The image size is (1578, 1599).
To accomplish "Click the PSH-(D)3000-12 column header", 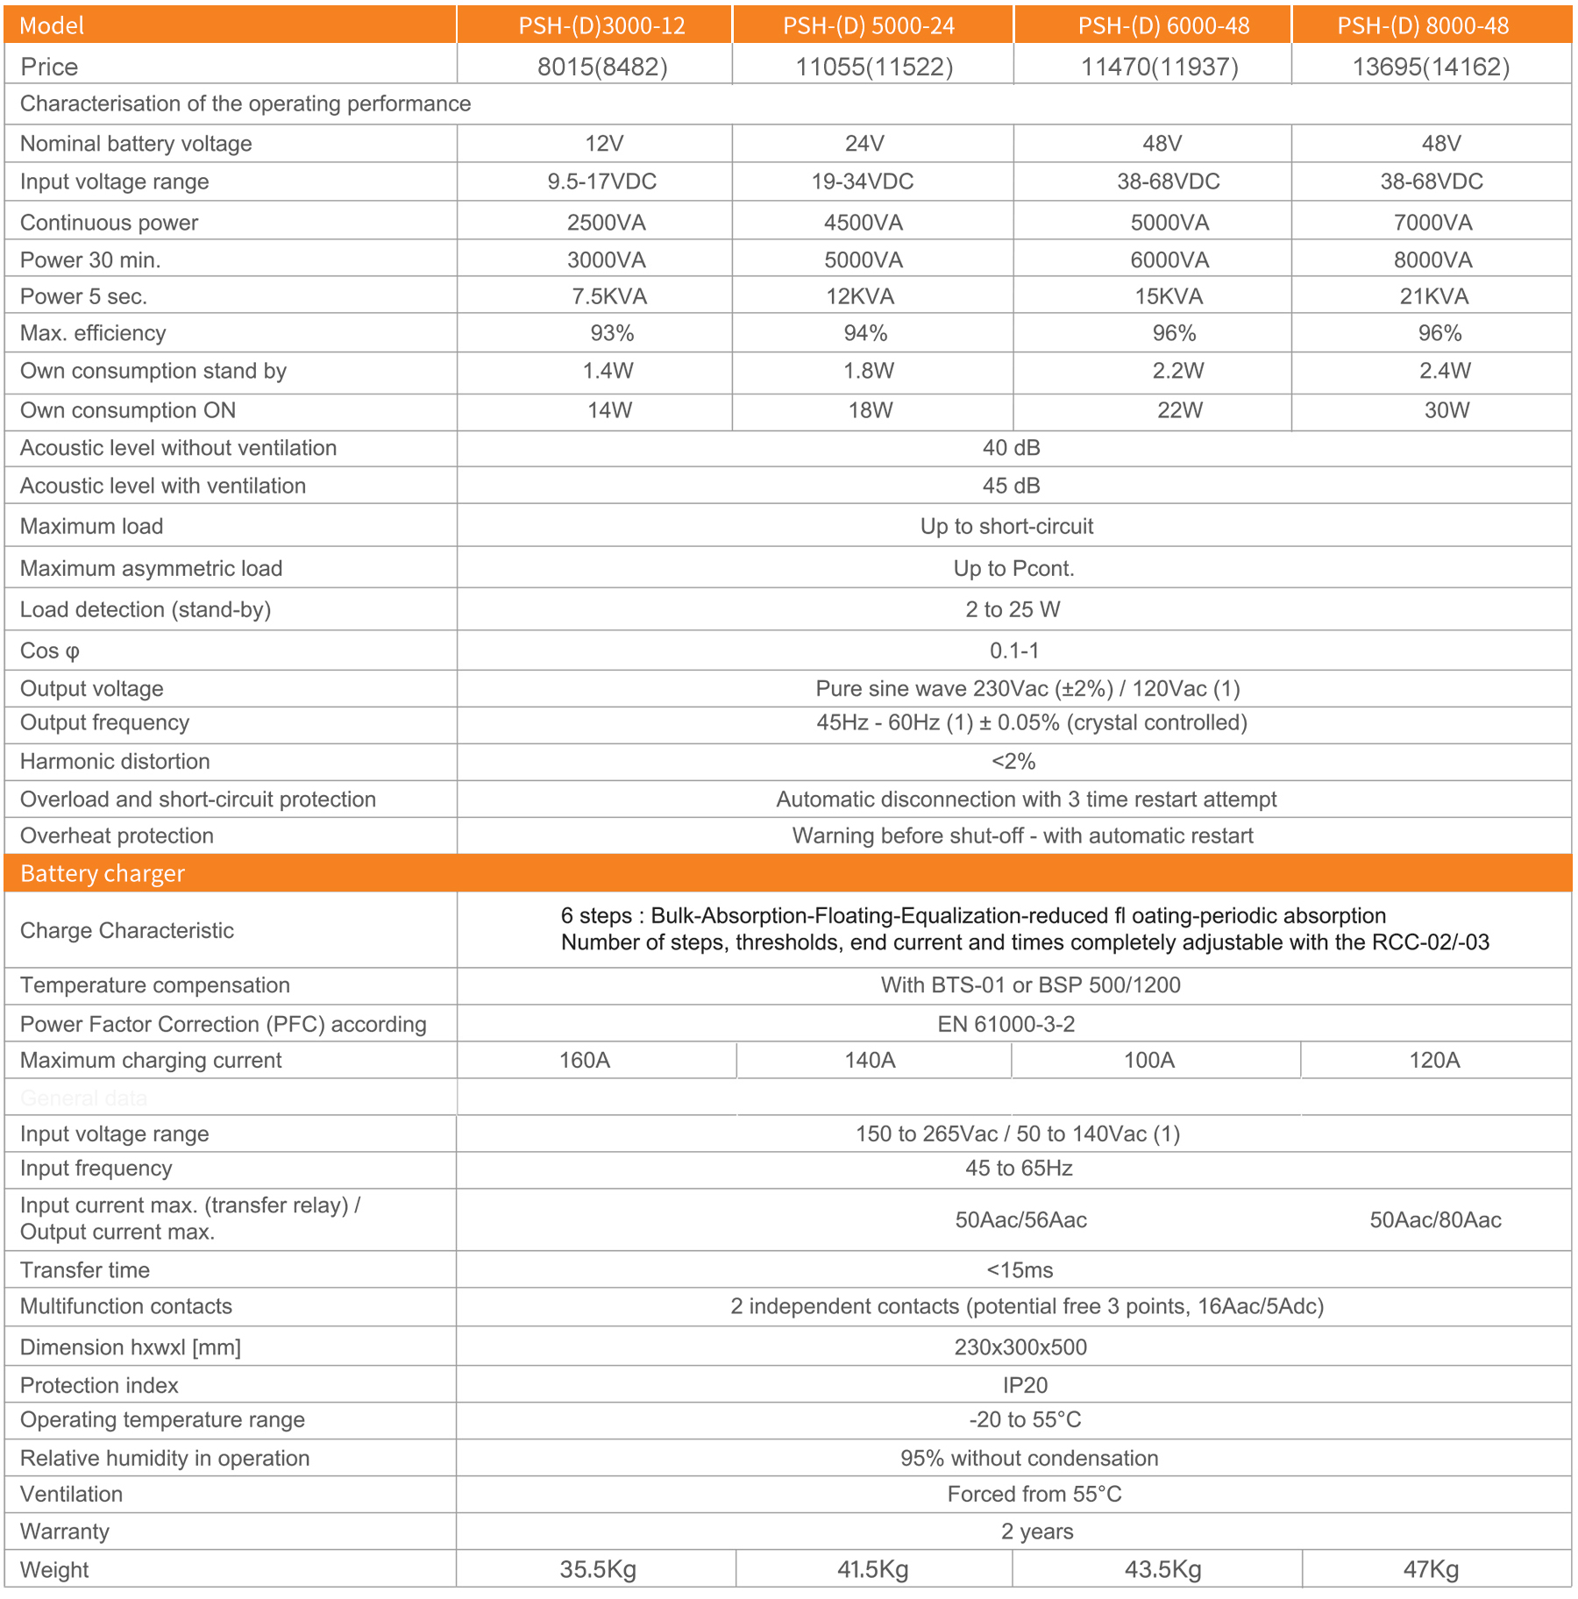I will (601, 25).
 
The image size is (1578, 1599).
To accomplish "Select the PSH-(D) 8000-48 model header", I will (1423, 25).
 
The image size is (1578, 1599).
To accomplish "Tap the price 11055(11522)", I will (873, 67).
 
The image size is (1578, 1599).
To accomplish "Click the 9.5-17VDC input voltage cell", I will (601, 181).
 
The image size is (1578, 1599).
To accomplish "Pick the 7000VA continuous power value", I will (1432, 223).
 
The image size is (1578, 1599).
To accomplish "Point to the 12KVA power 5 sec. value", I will (860, 296).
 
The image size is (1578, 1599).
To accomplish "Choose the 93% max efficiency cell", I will (612, 333).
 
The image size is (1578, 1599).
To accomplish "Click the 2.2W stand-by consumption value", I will (1177, 371).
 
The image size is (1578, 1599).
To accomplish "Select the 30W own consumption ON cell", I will (1446, 410).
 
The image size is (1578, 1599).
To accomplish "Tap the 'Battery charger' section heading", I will (103, 873).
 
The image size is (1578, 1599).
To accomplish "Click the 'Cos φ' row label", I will (50, 650).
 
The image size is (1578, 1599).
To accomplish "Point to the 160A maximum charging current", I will (585, 1060).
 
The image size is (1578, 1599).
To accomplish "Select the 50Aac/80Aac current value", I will (1435, 1219).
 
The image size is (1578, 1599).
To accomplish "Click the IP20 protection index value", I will (1025, 1385).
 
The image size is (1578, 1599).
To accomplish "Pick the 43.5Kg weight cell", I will (1162, 1569).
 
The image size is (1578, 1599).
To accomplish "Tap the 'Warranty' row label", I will (65, 1531).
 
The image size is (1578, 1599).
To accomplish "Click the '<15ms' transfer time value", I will (1020, 1270).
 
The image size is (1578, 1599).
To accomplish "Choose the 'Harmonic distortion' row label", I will (115, 761).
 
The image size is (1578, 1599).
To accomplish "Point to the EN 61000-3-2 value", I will (1006, 1024).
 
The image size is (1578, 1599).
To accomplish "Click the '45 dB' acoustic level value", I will (1011, 486).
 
